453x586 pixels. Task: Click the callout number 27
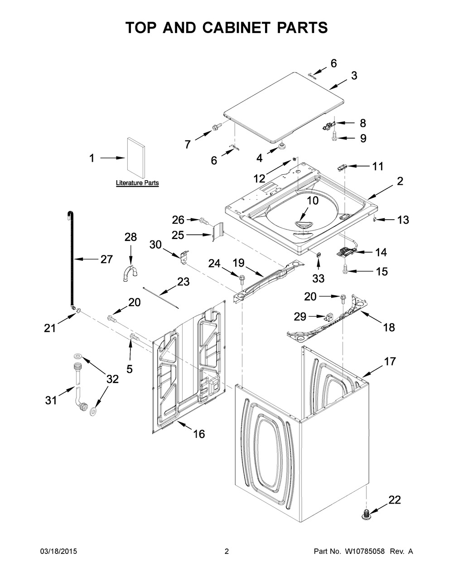click(x=106, y=259)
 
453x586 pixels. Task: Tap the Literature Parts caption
click(x=137, y=183)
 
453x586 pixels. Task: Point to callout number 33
click(x=318, y=279)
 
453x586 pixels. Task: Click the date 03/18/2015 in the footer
click(x=58, y=551)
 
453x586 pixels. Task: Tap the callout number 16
click(x=199, y=434)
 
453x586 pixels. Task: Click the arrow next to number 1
click(x=112, y=158)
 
